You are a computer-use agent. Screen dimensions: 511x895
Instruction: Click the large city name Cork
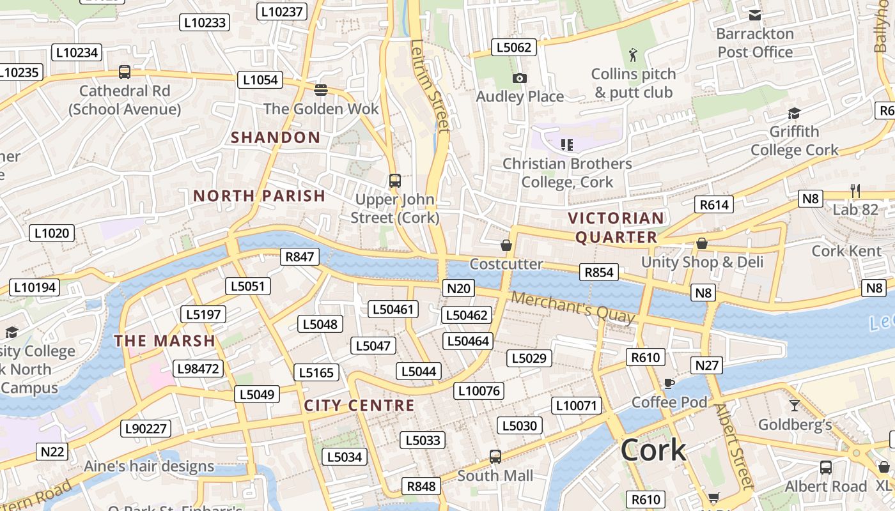(653, 450)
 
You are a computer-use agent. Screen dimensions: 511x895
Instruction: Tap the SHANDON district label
(276, 137)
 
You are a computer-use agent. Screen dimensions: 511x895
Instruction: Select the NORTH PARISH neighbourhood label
(259, 196)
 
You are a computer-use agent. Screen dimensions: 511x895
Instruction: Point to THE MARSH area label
(164, 341)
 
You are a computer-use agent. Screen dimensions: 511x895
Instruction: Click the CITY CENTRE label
(359, 406)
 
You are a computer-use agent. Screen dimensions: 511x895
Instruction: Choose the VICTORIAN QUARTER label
(616, 227)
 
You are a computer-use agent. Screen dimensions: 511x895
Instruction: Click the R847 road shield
(299, 257)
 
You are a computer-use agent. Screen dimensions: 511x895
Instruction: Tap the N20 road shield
(458, 288)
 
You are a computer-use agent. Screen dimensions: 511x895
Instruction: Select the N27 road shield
(706, 365)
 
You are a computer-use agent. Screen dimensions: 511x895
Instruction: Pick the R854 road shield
(599, 272)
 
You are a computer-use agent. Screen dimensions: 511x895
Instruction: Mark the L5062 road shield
(513, 47)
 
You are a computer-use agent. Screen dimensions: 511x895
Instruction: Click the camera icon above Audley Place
(520, 78)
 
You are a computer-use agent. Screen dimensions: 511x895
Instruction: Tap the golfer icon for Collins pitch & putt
(633, 55)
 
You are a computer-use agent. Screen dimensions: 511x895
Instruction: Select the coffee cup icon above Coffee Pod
(669, 383)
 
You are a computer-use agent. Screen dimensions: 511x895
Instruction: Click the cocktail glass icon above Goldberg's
(794, 405)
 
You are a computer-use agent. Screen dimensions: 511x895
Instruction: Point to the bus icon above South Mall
(495, 456)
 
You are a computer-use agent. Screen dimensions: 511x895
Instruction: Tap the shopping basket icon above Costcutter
(506, 245)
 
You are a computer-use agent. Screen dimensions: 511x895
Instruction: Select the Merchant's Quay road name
(573, 307)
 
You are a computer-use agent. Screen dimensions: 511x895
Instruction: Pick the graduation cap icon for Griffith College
(794, 113)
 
